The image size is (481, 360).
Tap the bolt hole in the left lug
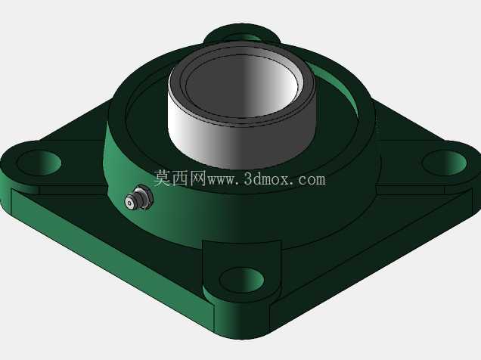[x=39, y=163]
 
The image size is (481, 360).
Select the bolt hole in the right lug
[x=444, y=163]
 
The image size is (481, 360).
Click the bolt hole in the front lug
[x=242, y=280]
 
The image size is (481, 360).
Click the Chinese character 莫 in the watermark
[x=163, y=178]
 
